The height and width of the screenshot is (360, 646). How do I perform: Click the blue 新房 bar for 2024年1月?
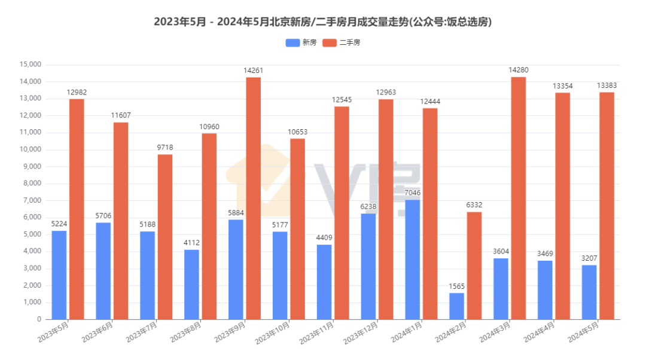(412, 260)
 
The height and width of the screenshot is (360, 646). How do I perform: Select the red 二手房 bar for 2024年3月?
(518, 198)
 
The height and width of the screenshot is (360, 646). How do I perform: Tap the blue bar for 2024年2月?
(456, 306)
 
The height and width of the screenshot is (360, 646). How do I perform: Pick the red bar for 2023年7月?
(165, 237)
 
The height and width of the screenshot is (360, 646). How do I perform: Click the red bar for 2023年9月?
(253, 198)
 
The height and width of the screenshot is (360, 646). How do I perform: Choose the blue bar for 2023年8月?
(191, 285)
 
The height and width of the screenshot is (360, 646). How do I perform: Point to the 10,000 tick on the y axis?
(30, 150)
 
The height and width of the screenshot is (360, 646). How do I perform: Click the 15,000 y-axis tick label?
(30, 65)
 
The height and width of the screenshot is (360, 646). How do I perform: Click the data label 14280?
(518, 70)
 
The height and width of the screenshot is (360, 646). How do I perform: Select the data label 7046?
(412, 193)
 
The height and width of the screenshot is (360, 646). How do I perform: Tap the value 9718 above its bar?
(165, 148)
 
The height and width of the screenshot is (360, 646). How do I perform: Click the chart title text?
(322, 22)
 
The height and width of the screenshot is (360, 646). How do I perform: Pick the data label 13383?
(607, 86)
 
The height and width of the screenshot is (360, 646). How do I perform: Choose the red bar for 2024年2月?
(474, 266)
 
